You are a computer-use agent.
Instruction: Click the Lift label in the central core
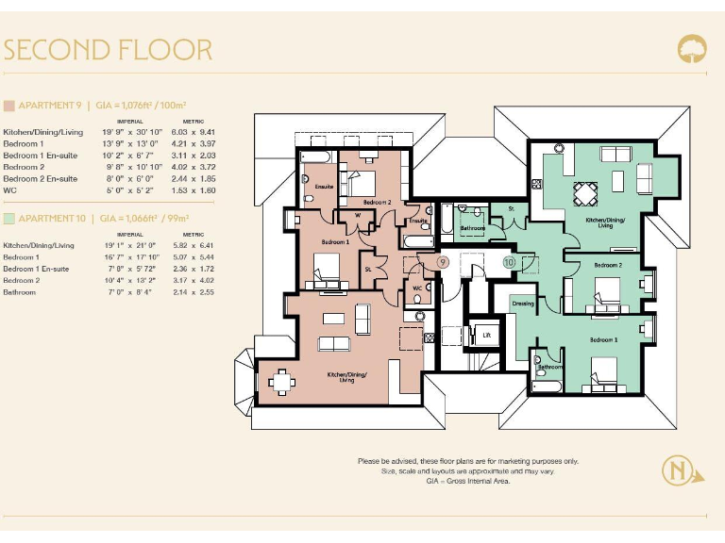click(487, 335)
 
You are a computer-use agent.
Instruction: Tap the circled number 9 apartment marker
click(443, 262)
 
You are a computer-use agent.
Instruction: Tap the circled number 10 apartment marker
click(509, 262)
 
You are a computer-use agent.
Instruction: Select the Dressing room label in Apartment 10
click(523, 304)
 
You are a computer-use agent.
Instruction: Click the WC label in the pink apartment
click(417, 288)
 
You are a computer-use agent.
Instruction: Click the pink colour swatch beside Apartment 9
click(8, 106)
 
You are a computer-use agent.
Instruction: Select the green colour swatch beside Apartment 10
click(8, 218)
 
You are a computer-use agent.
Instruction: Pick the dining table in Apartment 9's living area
click(279, 380)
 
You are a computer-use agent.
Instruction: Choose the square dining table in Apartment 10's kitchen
click(586, 193)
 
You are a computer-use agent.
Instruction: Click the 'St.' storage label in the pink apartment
click(367, 269)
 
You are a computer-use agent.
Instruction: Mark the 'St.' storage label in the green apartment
click(511, 207)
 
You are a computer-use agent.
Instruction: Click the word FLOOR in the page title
click(164, 49)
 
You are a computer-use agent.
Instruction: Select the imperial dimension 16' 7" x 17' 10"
click(130, 256)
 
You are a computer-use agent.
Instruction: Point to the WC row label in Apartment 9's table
click(9, 189)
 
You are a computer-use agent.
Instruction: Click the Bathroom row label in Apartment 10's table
click(20, 292)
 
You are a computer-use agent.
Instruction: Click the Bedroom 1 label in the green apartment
click(604, 338)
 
